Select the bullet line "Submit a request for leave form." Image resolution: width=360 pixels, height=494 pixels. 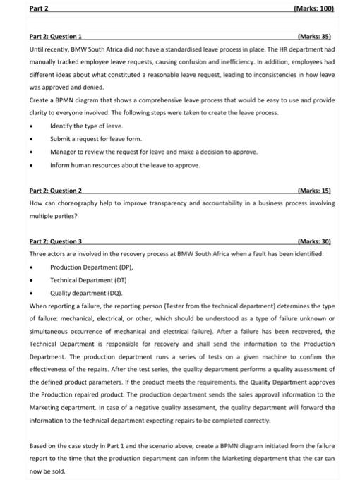[x=96, y=139]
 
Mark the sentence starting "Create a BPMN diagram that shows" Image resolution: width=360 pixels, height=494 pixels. [x=176, y=100]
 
